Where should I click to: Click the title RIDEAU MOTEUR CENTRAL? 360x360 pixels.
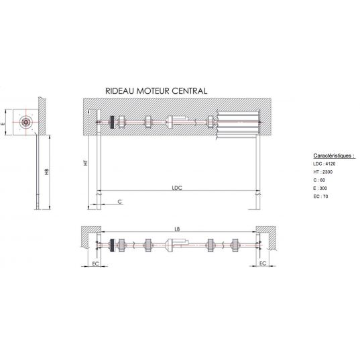[x=156, y=91]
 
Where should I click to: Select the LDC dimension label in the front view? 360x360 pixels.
[x=177, y=188]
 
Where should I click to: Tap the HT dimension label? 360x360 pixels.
[x=85, y=162]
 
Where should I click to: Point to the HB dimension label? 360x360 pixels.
[x=47, y=172]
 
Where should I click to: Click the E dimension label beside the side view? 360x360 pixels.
[x=3, y=124]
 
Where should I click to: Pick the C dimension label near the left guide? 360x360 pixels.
[x=119, y=202]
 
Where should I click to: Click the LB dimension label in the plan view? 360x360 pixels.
[x=177, y=229]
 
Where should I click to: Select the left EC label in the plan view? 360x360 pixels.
[x=95, y=263]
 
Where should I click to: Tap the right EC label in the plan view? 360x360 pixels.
[x=263, y=263]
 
